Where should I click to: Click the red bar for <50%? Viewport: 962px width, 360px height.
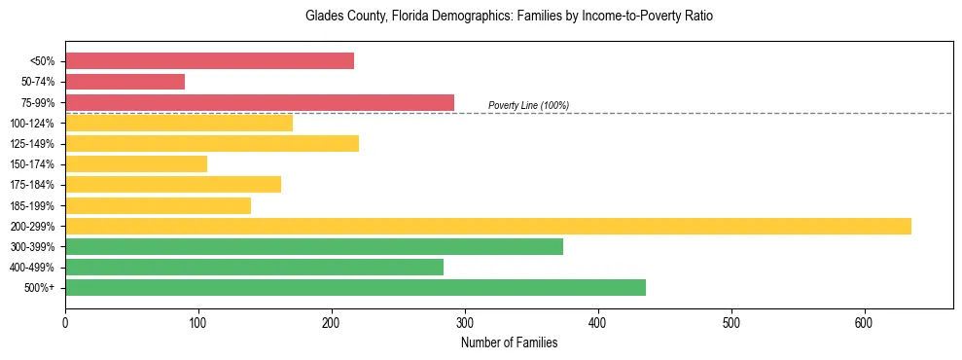209,61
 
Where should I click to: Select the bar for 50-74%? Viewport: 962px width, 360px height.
125,82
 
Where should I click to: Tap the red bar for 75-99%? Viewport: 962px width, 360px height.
260,102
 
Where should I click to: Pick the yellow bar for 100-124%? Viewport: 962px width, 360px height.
179,123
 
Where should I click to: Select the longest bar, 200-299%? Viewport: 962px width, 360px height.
488,226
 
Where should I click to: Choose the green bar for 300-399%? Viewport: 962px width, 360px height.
314,246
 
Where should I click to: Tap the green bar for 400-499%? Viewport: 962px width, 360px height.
254,267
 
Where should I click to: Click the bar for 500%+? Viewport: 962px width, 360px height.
355,287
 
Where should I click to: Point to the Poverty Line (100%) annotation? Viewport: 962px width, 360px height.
528,105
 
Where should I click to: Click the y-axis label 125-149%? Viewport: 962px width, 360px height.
32,144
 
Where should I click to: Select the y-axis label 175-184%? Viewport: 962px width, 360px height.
32,185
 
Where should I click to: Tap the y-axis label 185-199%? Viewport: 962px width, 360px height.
32,205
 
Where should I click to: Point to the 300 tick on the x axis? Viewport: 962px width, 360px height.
465,322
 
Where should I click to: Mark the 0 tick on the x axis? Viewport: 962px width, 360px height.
65,322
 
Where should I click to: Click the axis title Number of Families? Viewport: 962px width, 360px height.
509,342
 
